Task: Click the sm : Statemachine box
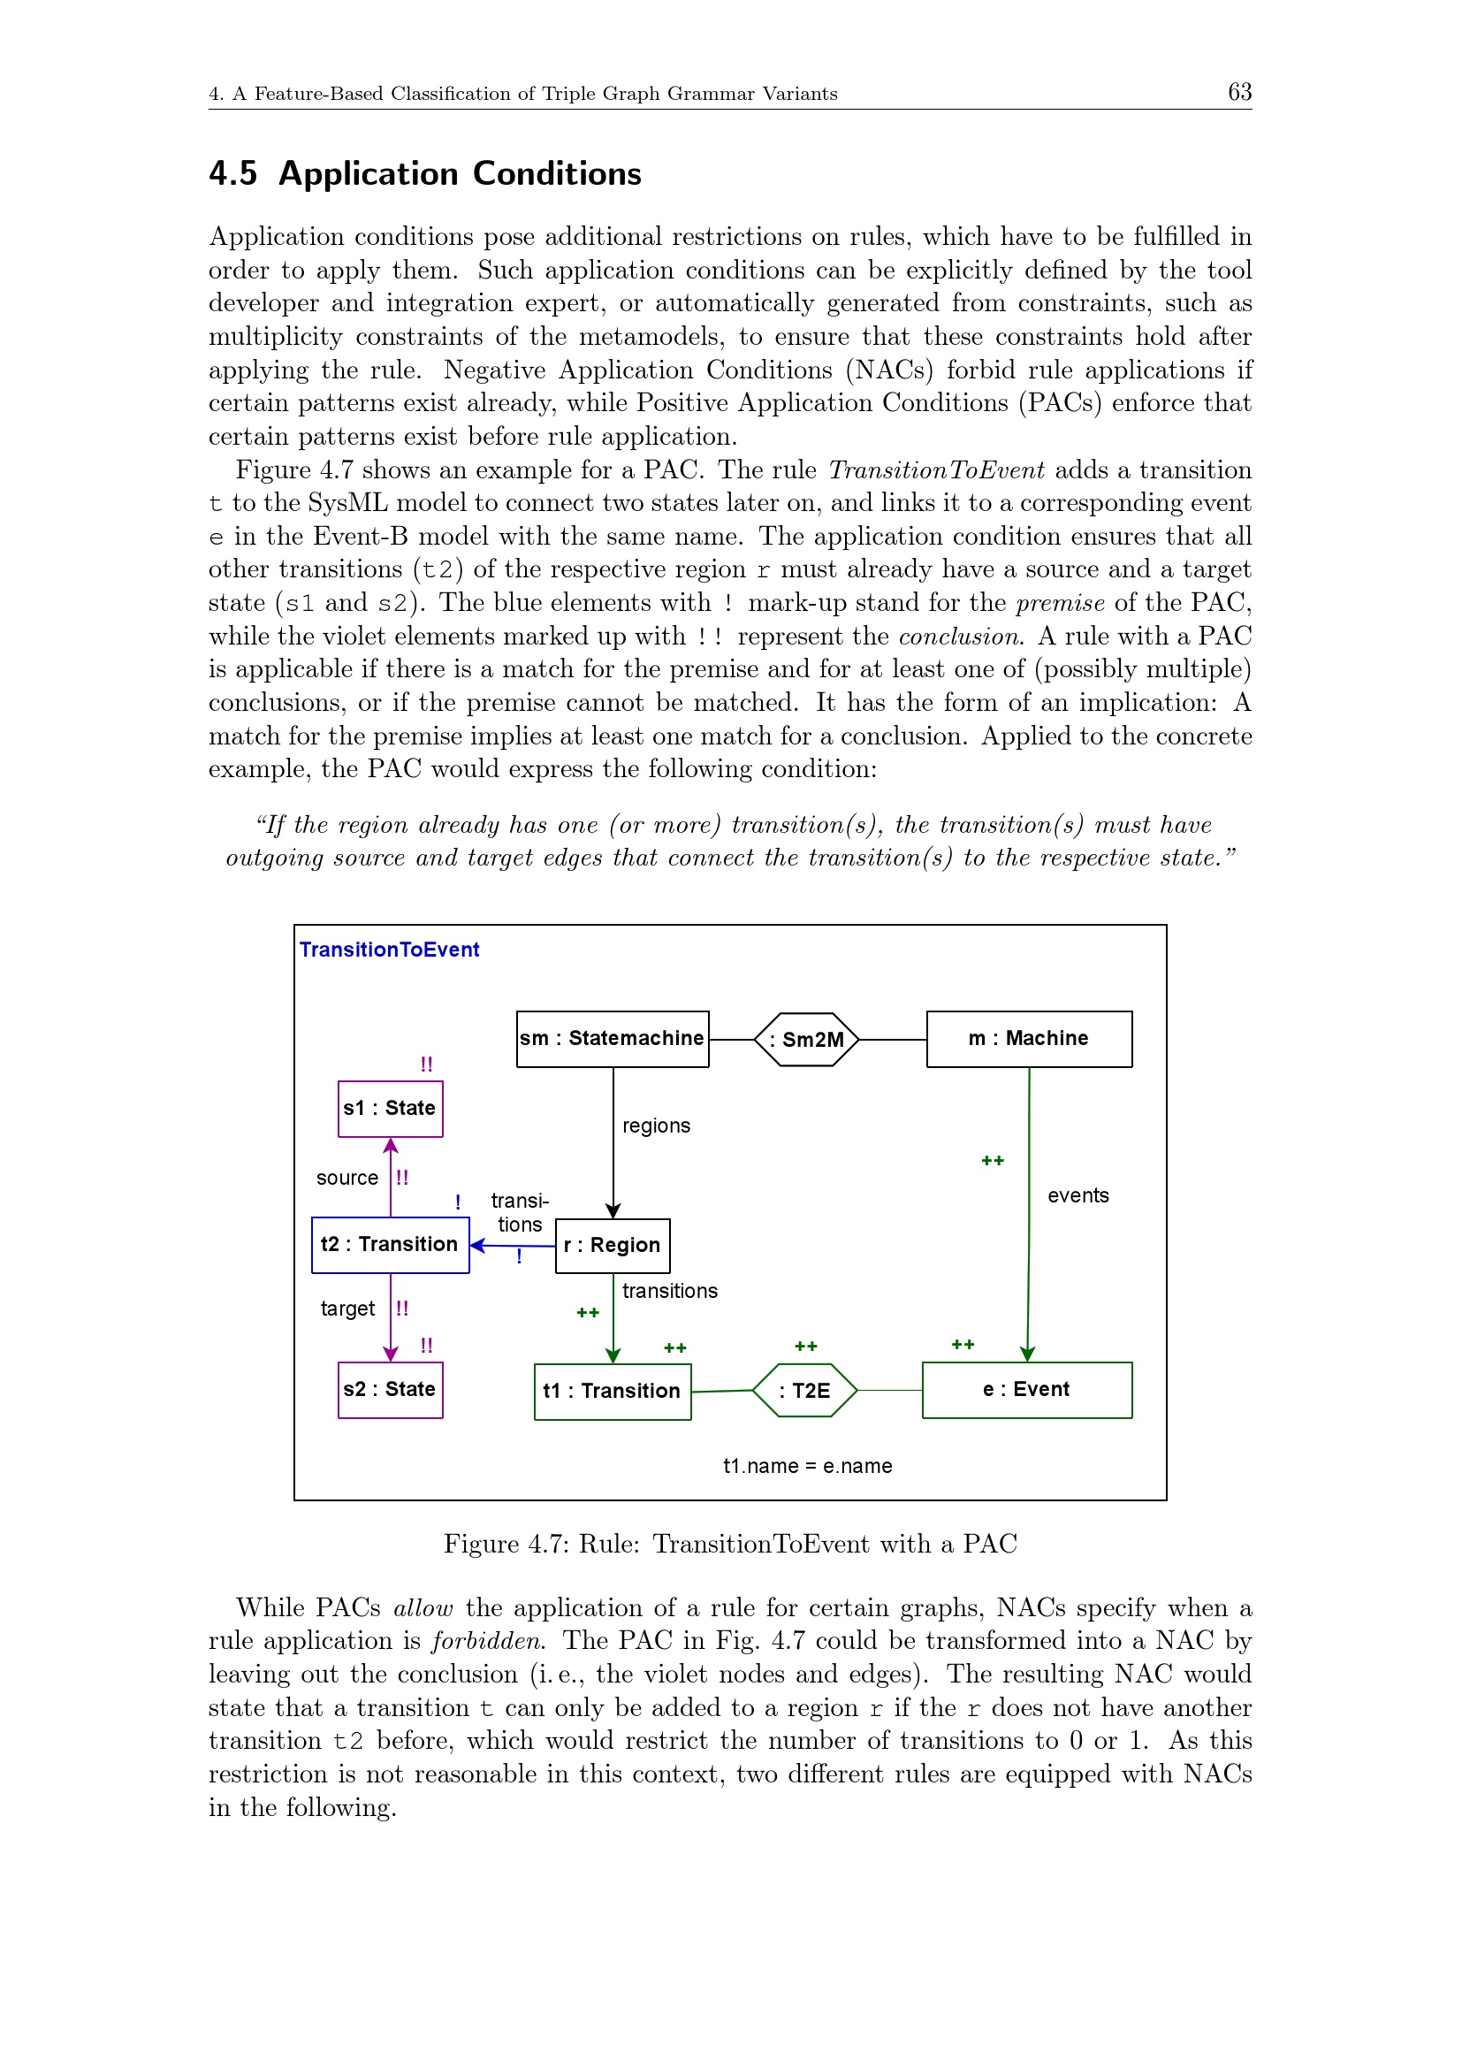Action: pyautogui.click(x=613, y=1039)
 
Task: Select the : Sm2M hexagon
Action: pyautogui.click(x=807, y=1040)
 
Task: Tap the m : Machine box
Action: pyautogui.click(x=1028, y=1039)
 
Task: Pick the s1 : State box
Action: pyautogui.click(x=390, y=1109)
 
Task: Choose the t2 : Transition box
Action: pyautogui.click(x=390, y=1245)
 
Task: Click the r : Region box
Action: pyautogui.click(x=613, y=1246)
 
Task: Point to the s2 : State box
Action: pyautogui.click(x=390, y=1390)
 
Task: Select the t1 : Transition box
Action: pyautogui.click(x=613, y=1392)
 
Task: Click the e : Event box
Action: pyautogui.click(x=1026, y=1390)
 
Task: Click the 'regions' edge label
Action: pyautogui.click(x=656, y=1126)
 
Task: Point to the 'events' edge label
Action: pyautogui.click(x=1077, y=1195)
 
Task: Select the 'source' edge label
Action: pyautogui.click(x=346, y=1178)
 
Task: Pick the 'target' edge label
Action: pyautogui.click(x=347, y=1309)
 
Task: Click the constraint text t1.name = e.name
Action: pyautogui.click(x=808, y=1466)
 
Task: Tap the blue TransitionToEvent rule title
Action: pyautogui.click(x=389, y=950)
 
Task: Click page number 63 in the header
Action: pyautogui.click(x=1239, y=92)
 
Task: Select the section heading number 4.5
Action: pyautogui.click(x=233, y=174)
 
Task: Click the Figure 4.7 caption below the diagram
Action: pyautogui.click(x=730, y=1544)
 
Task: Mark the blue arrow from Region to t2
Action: pyautogui.click(x=513, y=1246)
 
